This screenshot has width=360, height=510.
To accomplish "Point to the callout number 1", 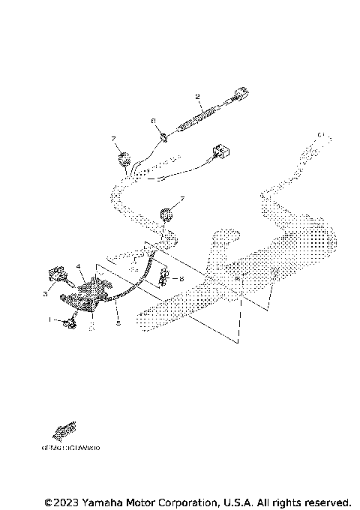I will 52,320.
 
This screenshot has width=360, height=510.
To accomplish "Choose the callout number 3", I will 45,294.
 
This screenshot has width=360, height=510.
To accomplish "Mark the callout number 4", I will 77,266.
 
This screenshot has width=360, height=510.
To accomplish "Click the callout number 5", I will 117,322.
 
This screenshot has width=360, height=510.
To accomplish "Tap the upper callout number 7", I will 113,139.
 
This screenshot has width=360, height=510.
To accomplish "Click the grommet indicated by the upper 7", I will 121,158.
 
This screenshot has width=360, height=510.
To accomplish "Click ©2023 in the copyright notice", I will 61,501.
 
